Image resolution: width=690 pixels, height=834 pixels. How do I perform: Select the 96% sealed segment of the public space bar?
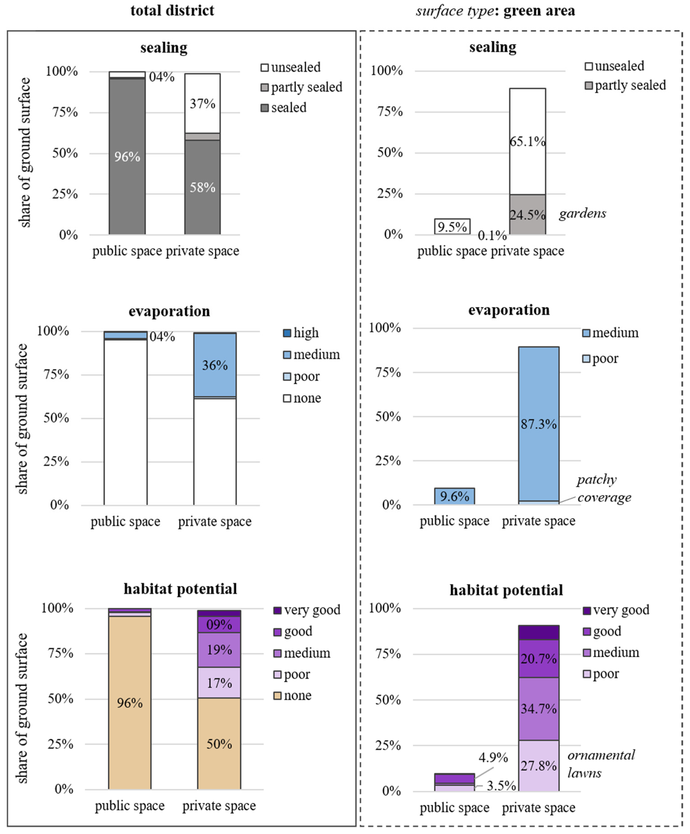click(x=127, y=157)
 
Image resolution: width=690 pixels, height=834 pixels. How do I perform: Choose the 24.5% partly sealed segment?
click(x=527, y=215)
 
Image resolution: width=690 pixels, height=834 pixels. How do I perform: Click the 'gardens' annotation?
click(x=582, y=214)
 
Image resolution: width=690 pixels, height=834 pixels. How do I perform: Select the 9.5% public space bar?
click(x=452, y=226)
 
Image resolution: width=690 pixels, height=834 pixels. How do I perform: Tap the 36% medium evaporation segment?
click(x=215, y=365)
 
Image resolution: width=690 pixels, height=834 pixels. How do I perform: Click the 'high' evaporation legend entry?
click(x=301, y=333)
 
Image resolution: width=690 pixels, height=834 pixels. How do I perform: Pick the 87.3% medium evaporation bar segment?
click(x=539, y=424)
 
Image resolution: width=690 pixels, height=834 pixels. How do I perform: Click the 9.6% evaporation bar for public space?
click(x=454, y=496)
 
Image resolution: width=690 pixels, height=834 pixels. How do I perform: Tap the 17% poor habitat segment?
click(x=219, y=683)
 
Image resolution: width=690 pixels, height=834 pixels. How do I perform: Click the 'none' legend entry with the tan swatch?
click(x=293, y=695)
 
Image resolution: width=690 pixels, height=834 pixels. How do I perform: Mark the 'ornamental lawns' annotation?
click(x=600, y=764)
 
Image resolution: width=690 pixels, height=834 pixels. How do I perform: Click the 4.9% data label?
click(x=493, y=757)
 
